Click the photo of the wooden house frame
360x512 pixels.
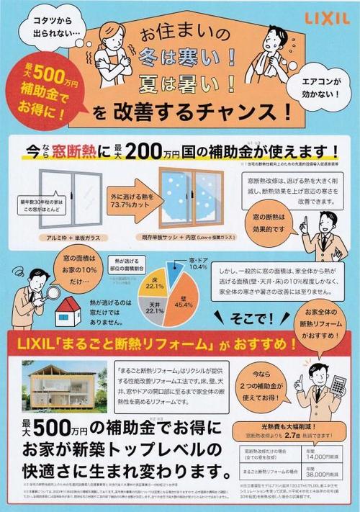[x=64, y=387]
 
